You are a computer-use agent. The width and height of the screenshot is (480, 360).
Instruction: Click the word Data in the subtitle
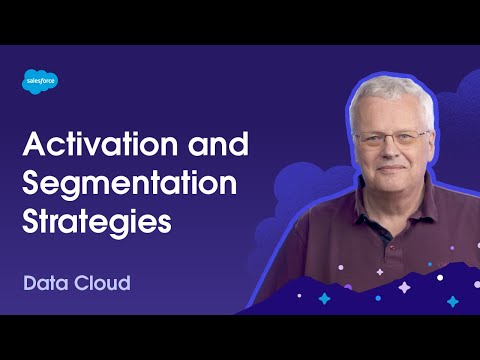46,282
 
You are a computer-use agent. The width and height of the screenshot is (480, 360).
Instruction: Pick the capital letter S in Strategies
32,221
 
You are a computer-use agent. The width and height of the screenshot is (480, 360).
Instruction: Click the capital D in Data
31,282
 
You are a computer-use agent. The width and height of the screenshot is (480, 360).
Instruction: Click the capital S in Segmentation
32,185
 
